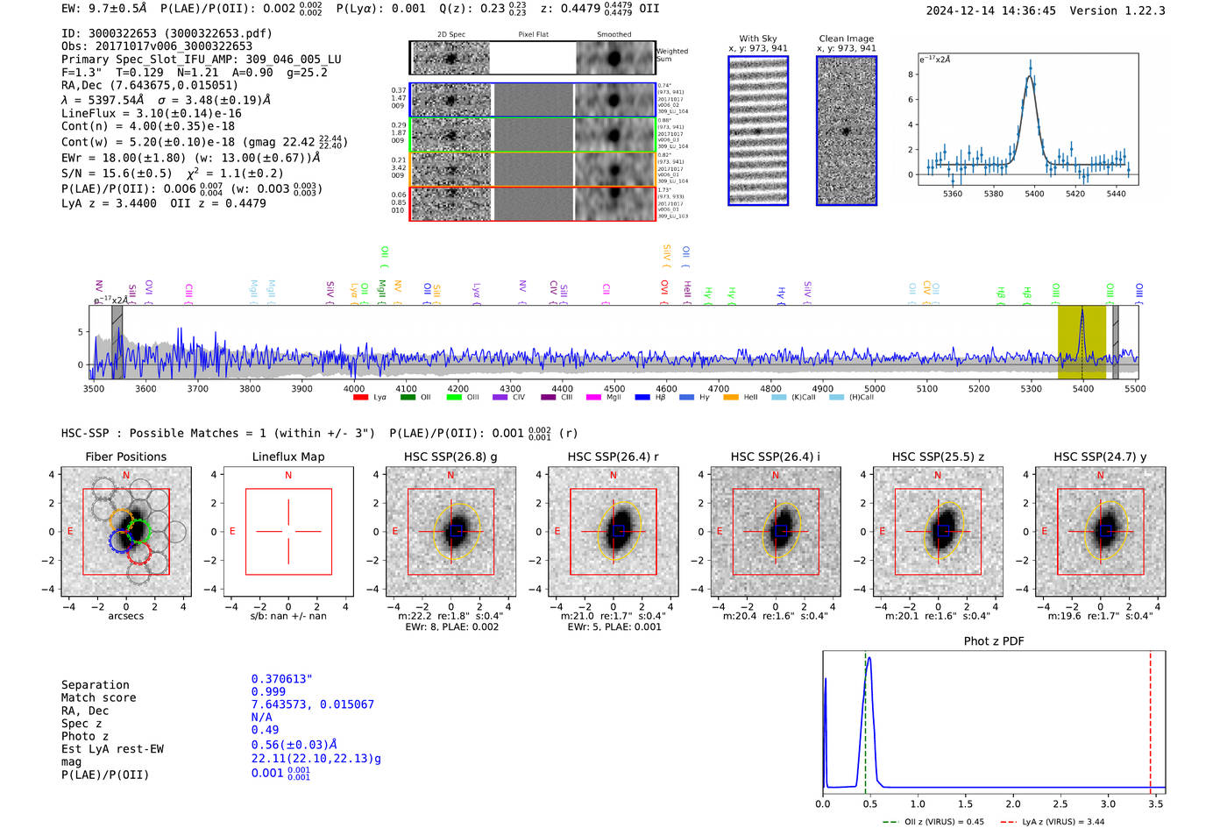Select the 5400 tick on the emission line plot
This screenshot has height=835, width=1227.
1034,194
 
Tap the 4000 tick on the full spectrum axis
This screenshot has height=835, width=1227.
354,389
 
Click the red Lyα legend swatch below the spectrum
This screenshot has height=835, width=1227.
360,398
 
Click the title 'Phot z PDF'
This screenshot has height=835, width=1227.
994,641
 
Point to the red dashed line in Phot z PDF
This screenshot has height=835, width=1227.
1151,718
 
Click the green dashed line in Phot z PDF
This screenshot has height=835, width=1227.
865,718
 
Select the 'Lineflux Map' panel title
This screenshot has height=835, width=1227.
287,456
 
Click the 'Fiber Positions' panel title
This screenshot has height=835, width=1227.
125,456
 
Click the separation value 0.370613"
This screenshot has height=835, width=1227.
282,679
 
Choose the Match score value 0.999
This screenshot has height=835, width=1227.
268,692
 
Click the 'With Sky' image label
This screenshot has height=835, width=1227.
758,39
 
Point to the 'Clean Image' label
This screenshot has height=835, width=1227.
846,39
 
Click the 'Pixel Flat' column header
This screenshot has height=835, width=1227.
533,35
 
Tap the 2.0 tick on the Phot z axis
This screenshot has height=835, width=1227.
1013,803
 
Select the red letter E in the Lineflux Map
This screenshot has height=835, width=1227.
232,532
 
